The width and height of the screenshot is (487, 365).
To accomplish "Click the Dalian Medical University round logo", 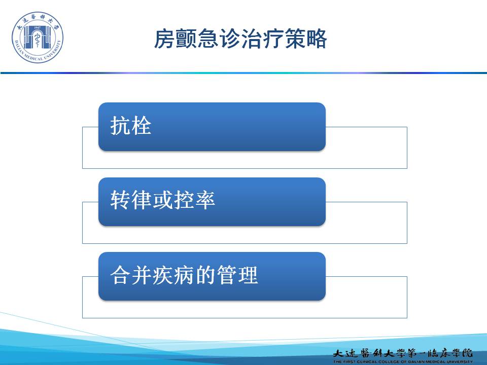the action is (x=37, y=37).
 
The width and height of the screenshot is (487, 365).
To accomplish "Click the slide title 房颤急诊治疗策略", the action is (x=240, y=39).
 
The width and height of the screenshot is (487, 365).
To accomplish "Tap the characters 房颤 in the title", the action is (x=176, y=39).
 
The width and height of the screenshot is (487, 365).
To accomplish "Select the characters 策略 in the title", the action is (x=305, y=39).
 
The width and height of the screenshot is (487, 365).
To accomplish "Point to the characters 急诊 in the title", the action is (x=219, y=39).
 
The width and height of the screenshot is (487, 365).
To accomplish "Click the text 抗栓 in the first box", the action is (x=131, y=126).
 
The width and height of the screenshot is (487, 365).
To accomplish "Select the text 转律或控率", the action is (x=162, y=200).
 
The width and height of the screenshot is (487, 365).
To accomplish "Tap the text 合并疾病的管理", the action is (x=184, y=275).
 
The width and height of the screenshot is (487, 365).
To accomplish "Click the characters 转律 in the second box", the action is (x=131, y=200).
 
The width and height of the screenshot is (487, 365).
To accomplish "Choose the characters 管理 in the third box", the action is (x=237, y=275).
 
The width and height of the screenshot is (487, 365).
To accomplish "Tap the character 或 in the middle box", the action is (x=163, y=200).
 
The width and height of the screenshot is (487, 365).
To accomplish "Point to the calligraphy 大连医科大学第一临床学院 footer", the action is (x=403, y=353).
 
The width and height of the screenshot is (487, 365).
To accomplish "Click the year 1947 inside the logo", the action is (x=37, y=27).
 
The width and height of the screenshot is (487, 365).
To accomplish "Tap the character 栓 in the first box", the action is (x=142, y=126).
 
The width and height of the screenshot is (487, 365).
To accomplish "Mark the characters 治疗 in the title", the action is (x=262, y=39).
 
